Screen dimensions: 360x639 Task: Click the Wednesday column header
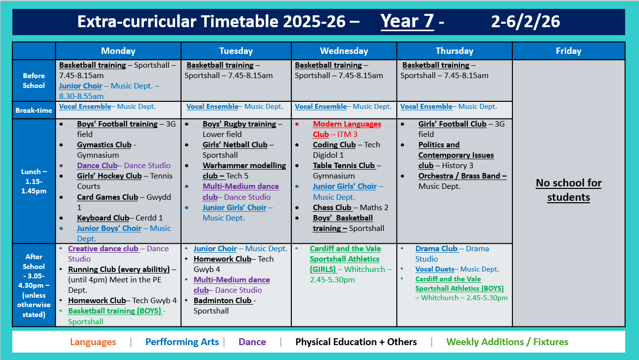[344, 51]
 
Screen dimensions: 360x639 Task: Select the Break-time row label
[34, 110]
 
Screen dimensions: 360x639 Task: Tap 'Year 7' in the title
[407, 21]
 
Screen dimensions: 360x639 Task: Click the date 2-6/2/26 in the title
[525, 21]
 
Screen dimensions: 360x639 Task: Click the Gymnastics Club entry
[104, 145]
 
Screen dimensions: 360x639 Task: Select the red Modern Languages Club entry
[347, 129]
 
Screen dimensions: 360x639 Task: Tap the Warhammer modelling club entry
[244, 171]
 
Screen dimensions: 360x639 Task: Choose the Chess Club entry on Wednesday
[332, 208]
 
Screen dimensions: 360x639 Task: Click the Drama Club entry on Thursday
[437, 249]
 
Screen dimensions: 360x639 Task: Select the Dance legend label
[252, 342]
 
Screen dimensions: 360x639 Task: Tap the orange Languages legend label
[93, 342]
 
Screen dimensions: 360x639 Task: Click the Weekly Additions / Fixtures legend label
[507, 342]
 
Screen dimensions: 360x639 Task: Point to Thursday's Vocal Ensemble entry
[426, 106]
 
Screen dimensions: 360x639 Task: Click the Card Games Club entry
[107, 197]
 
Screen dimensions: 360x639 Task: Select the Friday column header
[568, 51]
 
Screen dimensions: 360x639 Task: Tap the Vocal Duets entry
[434, 269]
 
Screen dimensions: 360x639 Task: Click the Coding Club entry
[334, 145]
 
